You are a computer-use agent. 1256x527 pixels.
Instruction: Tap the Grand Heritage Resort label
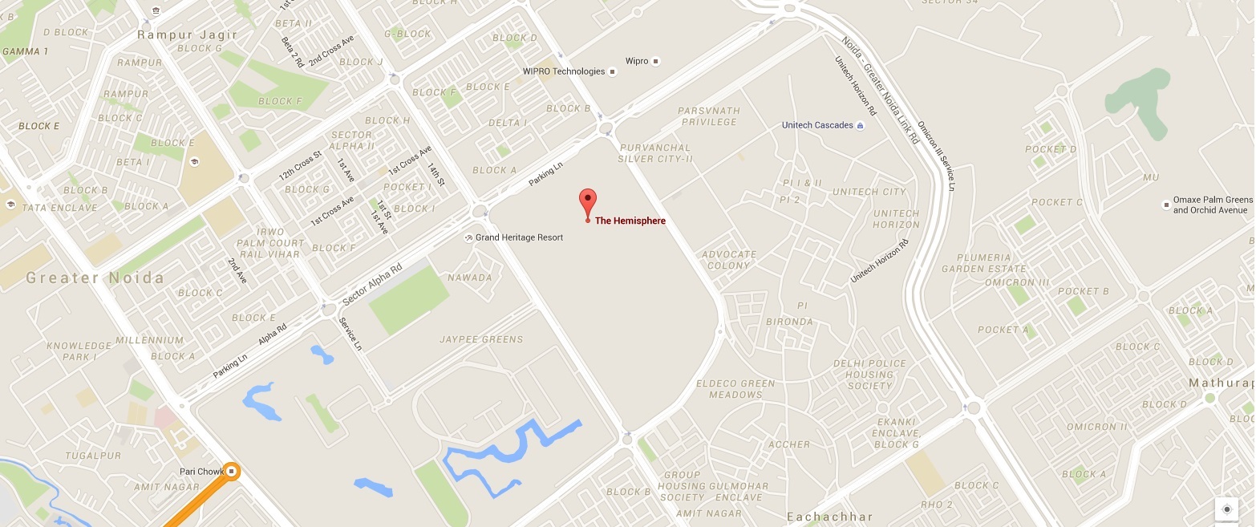[519, 237]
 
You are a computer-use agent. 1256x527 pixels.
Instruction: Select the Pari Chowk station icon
[232, 471]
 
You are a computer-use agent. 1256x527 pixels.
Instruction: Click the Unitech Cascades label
[817, 125]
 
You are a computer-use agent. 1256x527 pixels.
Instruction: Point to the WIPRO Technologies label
[564, 71]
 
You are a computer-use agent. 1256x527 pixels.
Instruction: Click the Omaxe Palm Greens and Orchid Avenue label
[1212, 205]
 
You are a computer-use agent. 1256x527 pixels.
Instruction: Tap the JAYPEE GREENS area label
[481, 339]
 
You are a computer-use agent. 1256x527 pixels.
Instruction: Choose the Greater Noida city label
[95, 278]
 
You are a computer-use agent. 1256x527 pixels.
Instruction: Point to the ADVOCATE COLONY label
[729, 260]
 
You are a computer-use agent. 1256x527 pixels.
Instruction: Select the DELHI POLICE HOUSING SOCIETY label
[869, 375]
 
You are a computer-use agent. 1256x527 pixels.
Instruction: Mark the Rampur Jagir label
[188, 34]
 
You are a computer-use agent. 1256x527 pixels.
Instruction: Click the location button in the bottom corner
[1226, 509]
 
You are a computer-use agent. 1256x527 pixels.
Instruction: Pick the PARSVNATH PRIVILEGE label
[707, 116]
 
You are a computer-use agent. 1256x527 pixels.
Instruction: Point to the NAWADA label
[471, 278]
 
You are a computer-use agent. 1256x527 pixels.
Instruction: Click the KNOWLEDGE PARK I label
[79, 351]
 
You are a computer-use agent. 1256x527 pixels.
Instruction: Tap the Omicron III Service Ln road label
[935, 151]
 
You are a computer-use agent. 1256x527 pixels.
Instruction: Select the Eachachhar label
[829, 517]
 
